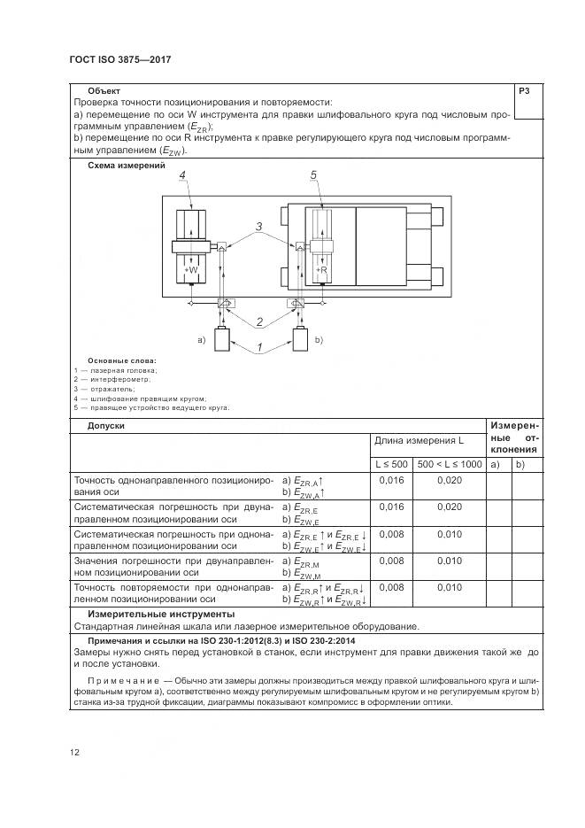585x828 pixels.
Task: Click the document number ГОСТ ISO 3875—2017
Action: (119, 59)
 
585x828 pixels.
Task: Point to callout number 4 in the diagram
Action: (181, 177)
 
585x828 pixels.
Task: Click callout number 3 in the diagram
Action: (258, 228)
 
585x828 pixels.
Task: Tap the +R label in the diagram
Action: (321, 269)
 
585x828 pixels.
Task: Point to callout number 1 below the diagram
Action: (260, 349)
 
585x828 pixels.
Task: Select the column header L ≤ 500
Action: (391, 465)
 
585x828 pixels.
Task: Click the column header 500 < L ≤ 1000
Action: (449, 465)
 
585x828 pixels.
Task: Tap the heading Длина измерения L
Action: (419, 440)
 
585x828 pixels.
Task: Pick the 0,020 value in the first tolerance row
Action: (449, 480)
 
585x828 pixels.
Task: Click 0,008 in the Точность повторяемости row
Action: (391, 587)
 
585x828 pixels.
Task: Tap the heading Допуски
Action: (106, 426)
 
